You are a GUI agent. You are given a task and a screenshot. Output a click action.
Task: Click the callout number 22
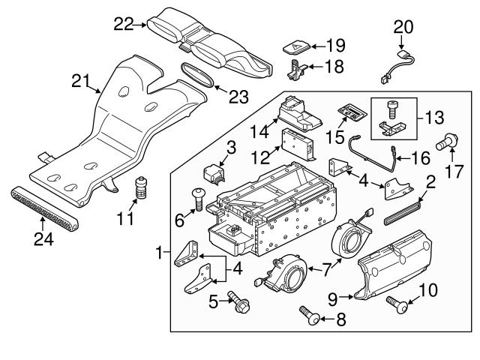click(122, 25)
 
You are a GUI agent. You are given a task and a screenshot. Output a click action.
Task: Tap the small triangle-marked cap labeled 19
click(295, 46)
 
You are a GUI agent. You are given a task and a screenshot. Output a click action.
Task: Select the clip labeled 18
click(297, 70)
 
